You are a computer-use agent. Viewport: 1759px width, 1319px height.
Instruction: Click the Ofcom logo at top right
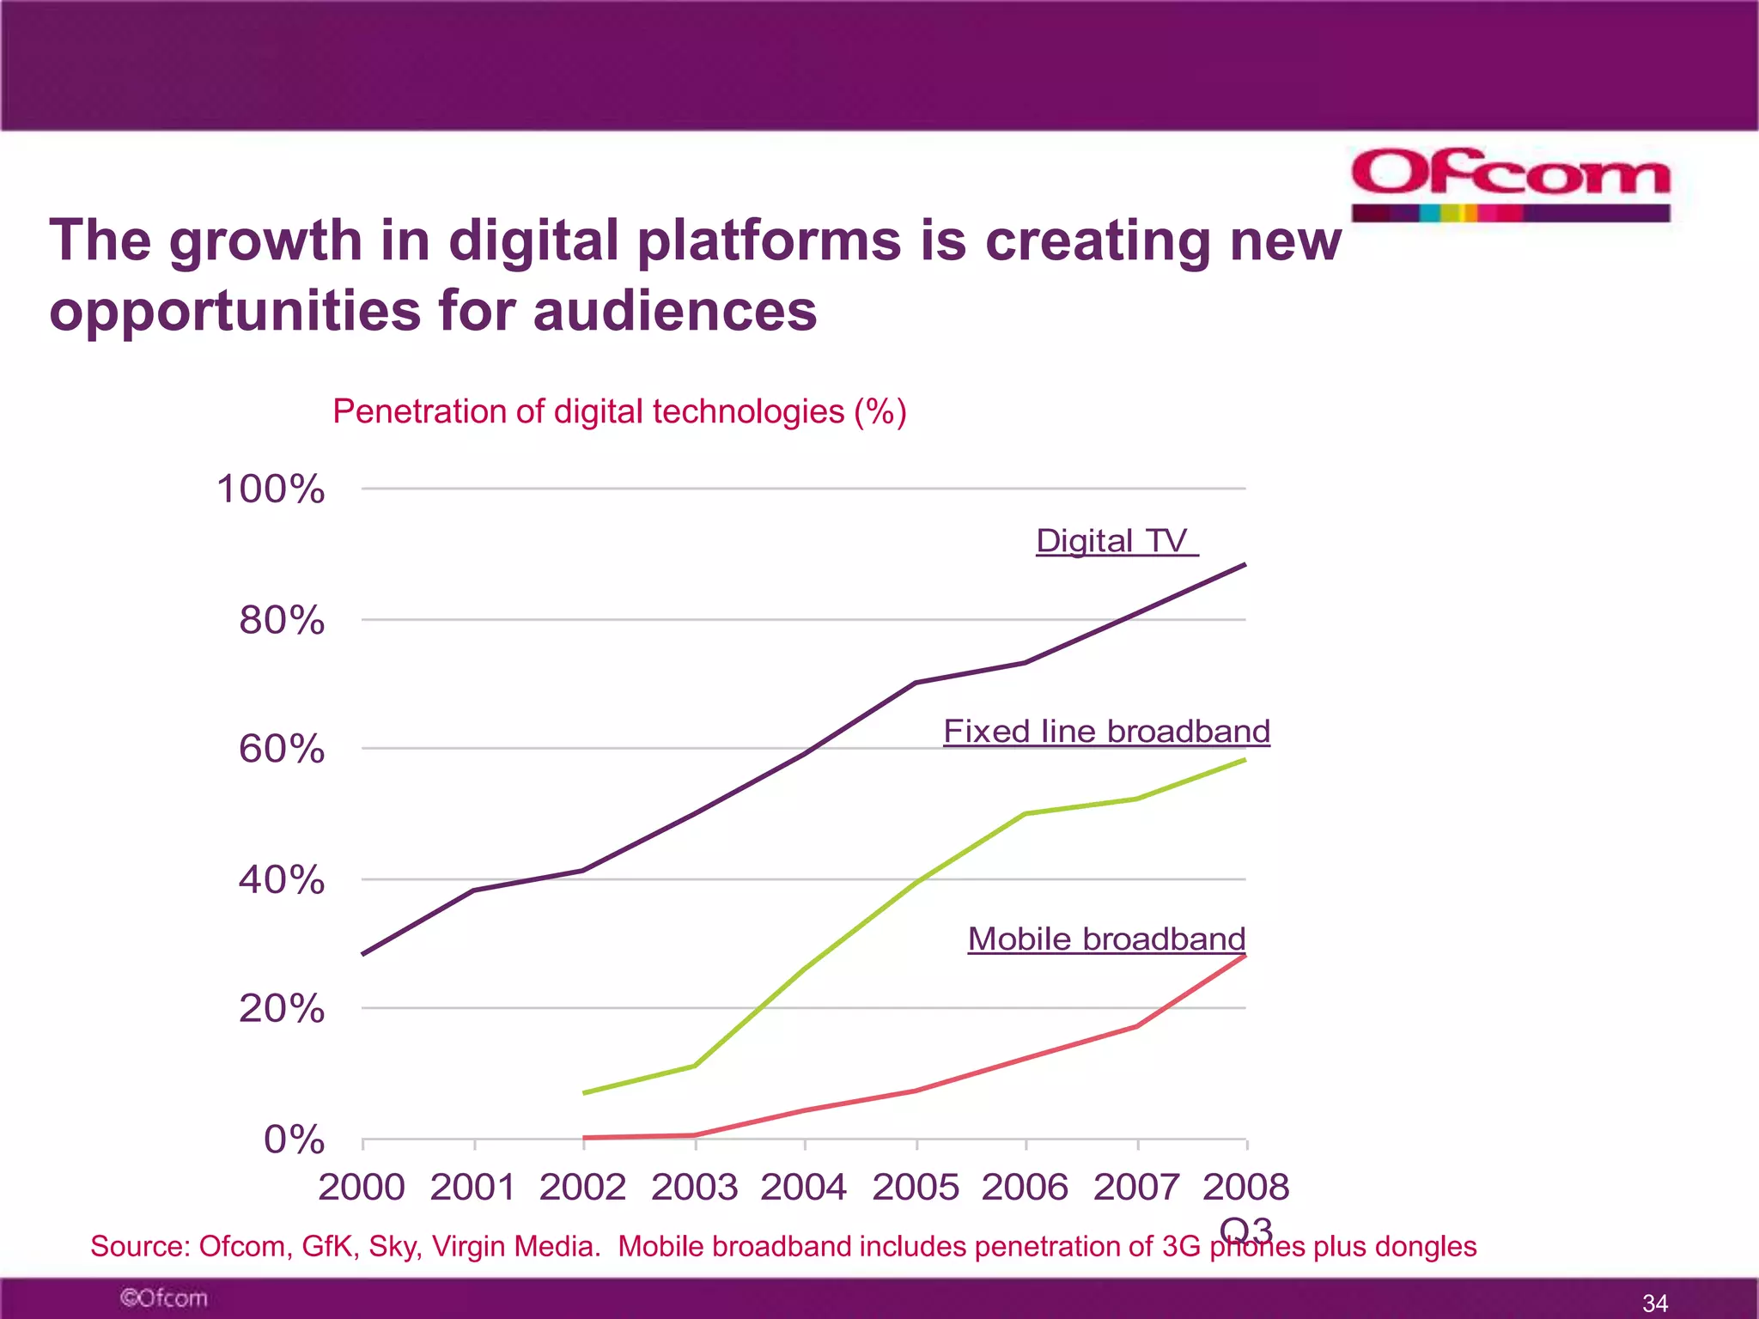pyautogui.click(x=1510, y=183)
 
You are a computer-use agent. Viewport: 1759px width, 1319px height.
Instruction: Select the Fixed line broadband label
pyautogui.click(x=1106, y=732)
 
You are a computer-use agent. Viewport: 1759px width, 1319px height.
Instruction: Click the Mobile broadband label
pyautogui.click(x=1106, y=939)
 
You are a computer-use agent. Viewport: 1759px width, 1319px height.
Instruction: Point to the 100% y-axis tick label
pyautogui.click(x=271, y=489)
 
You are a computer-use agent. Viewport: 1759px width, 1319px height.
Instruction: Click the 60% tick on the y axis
pyautogui.click(x=282, y=749)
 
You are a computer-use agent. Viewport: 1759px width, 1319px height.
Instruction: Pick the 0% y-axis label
pyautogui.click(x=294, y=1140)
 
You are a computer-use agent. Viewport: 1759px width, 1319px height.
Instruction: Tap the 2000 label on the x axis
pyautogui.click(x=362, y=1187)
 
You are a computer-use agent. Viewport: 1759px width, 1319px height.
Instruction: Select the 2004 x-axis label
pyautogui.click(x=804, y=1187)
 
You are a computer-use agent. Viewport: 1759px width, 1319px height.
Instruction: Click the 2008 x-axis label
pyautogui.click(x=1245, y=1187)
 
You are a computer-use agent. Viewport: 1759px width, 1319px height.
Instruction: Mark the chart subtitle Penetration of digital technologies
pyautogui.click(x=619, y=411)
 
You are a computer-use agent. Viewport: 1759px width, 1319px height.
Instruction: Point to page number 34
pyautogui.click(x=1655, y=1303)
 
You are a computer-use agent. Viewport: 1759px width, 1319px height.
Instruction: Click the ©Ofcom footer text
pyautogui.click(x=163, y=1298)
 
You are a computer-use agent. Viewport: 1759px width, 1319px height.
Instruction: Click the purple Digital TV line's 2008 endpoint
pyautogui.click(x=1245, y=565)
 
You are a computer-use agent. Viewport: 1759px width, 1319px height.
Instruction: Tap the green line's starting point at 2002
pyautogui.click(x=584, y=1092)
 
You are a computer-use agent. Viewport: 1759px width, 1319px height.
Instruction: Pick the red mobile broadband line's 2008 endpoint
pyautogui.click(x=1245, y=956)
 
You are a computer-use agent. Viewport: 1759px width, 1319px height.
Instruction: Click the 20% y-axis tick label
pyautogui.click(x=282, y=1008)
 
